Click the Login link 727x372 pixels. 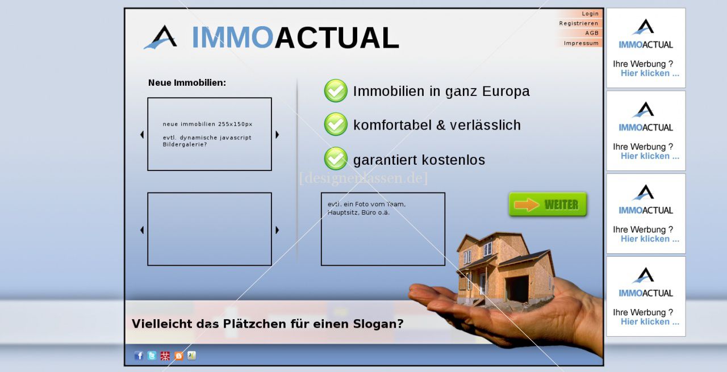coord(590,14)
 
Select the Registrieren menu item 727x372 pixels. coord(579,23)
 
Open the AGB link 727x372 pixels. coord(592,33)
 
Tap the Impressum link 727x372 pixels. coord(581,43)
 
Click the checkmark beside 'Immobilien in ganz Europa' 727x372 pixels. coord(336,90)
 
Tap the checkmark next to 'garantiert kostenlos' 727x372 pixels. coord(336,158)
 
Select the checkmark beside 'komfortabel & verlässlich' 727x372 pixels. coord(336,124)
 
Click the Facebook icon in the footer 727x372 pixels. coord(139,356)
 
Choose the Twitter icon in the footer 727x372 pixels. coord(152,356)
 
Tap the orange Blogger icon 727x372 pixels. coord(178,356)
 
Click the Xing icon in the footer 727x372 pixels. coord(192,356)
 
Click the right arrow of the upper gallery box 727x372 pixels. coord(277,135)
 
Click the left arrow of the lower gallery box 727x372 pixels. coord(142,230)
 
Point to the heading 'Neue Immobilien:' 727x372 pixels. coord(187,83)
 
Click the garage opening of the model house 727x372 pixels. coord(517,287)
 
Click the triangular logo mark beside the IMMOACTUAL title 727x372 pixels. coord(161,37)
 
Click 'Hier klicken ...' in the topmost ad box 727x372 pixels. coord(650,73)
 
